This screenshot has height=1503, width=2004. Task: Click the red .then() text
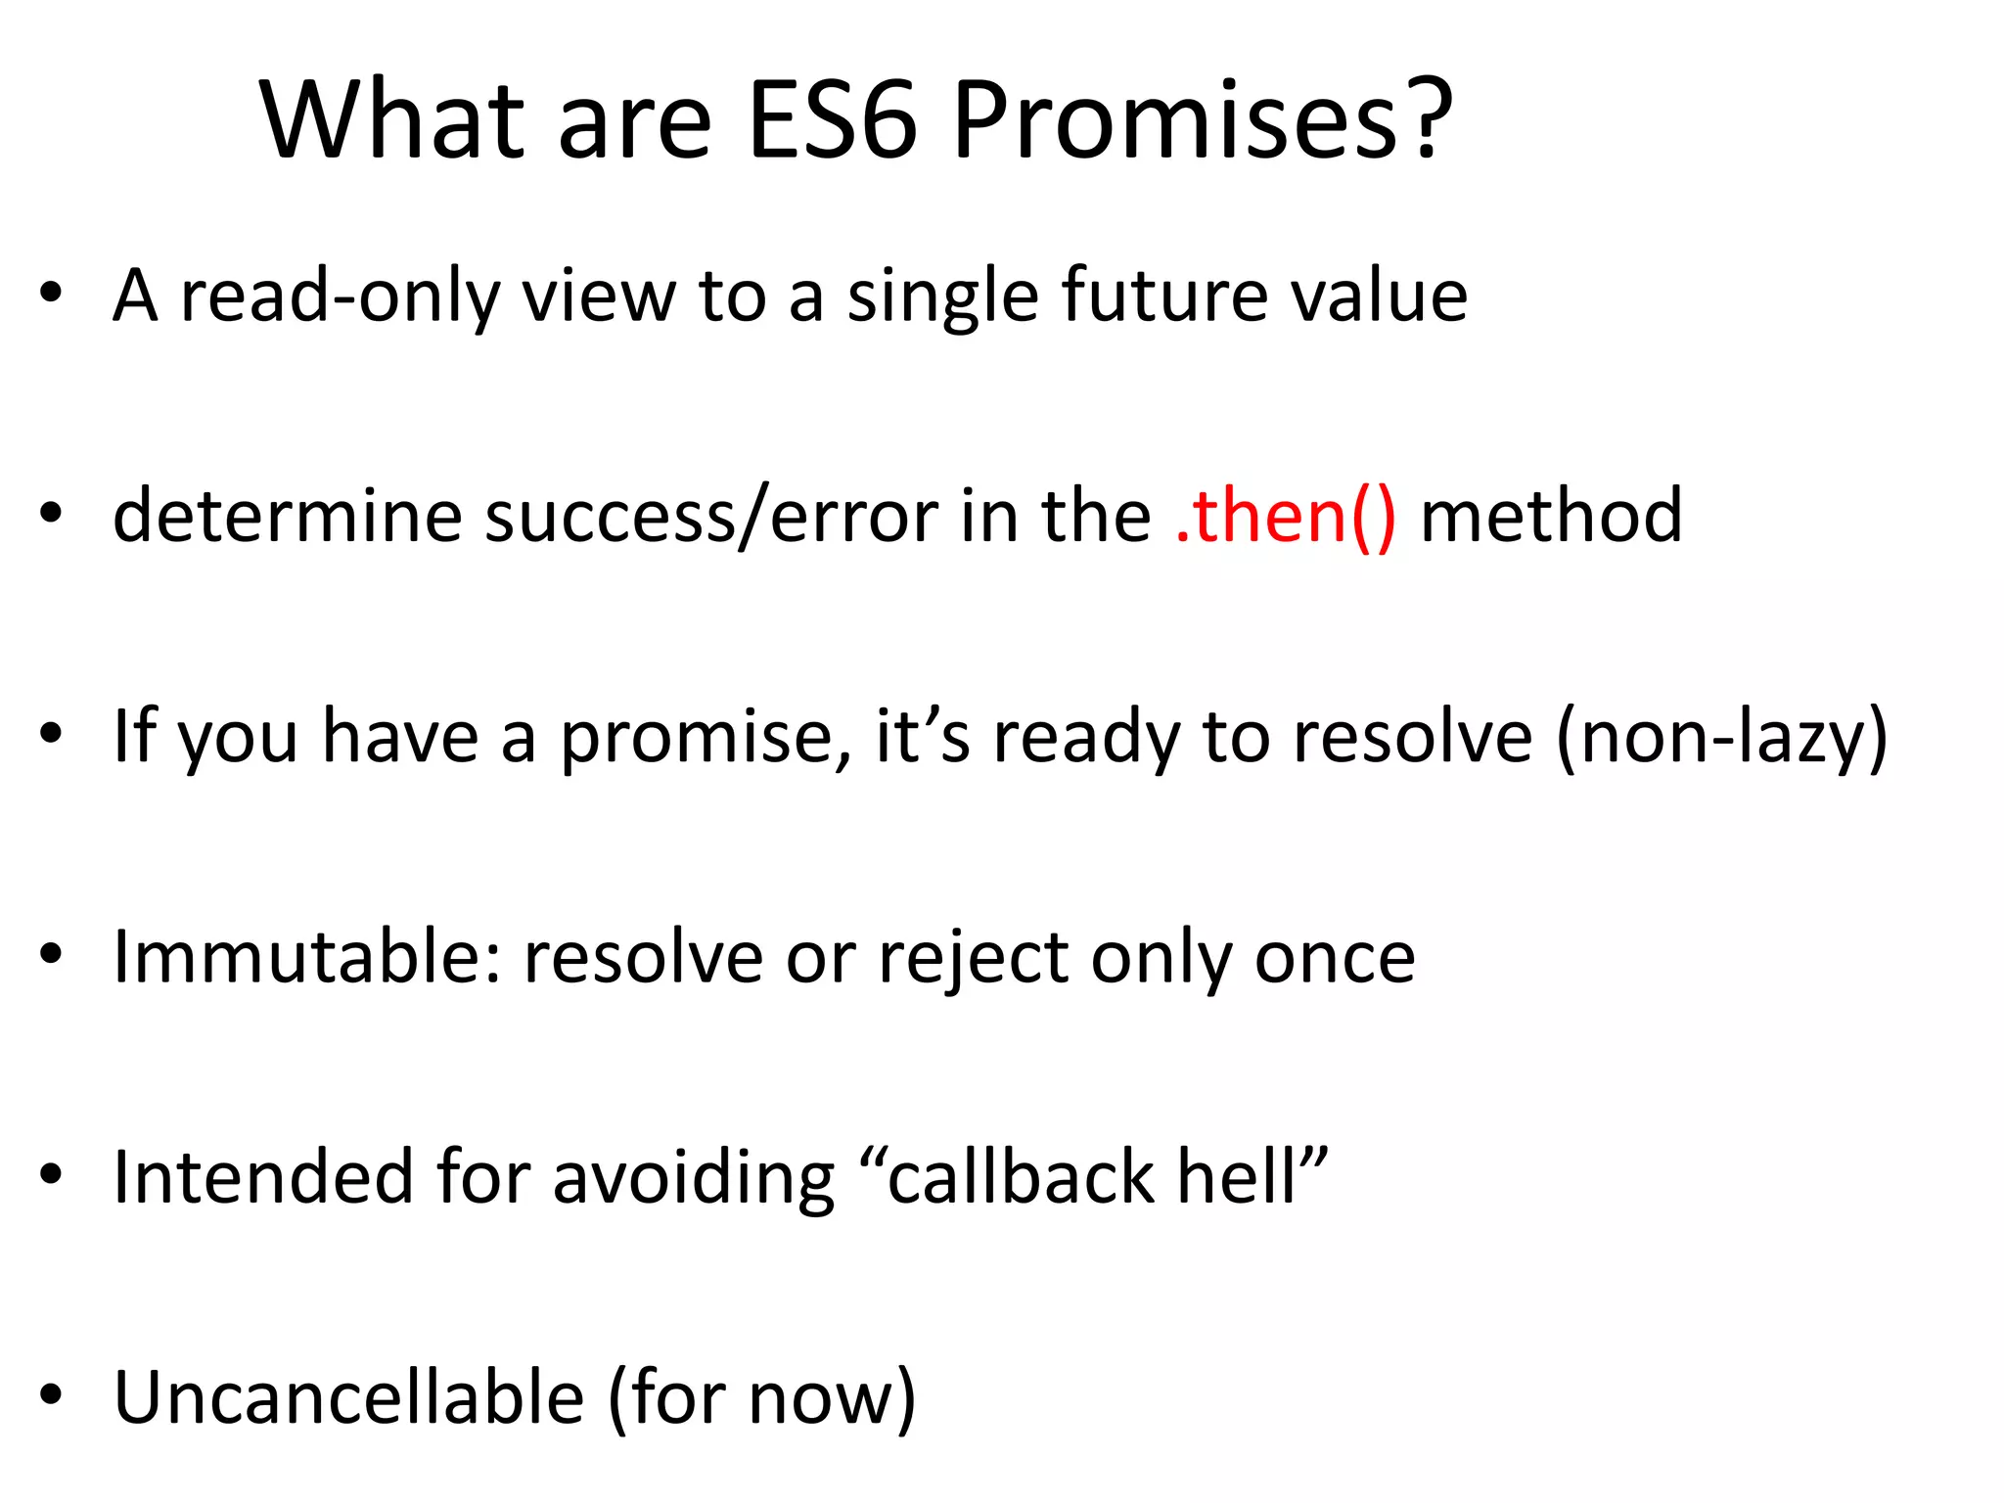point(1285,516)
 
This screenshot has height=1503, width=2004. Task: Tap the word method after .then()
point(1551,516)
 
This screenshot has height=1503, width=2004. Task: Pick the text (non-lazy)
point(1721,737)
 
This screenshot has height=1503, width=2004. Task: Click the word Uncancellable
point(348,1397)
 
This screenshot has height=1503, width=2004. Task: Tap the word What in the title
point(391,121)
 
